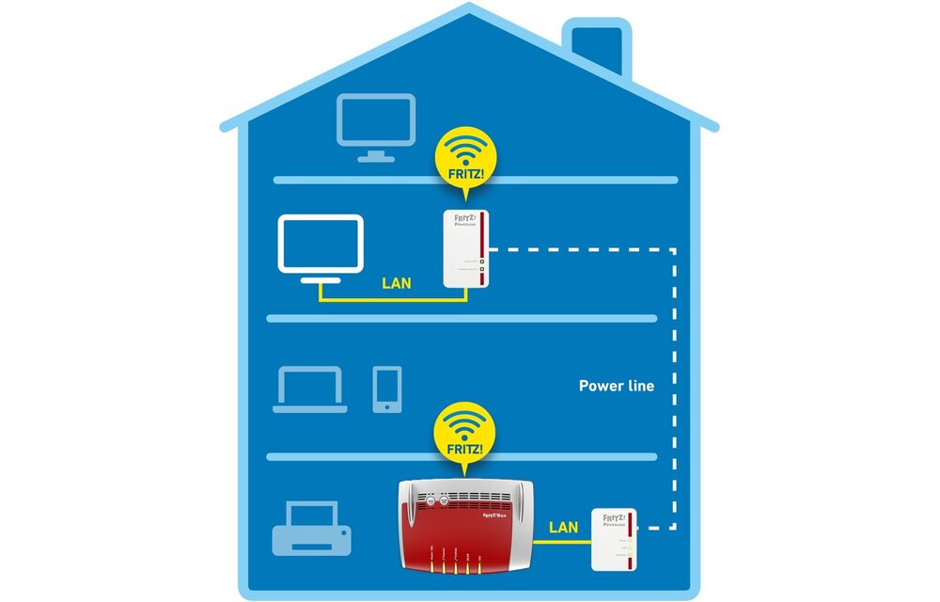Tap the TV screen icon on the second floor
(x=321, y=243)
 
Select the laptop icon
(x=310, y=389)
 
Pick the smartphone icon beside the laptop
(x=386, y=389)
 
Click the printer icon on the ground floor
(x=310, y=531)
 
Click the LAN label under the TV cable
(x=396, y=281)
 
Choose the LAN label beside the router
(x=563, y=528)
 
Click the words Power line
(x=616, y=386)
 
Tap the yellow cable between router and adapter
(x=559, y=543)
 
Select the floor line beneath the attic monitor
(x=475, y=179)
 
